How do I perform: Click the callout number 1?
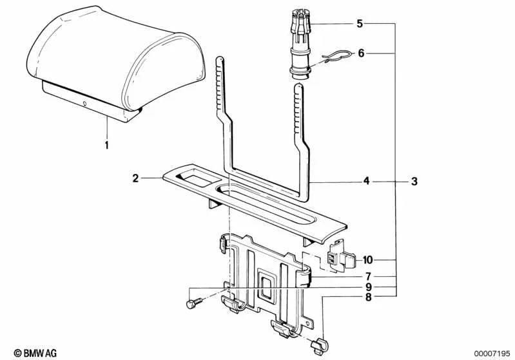pos(107,144)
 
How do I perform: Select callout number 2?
pos(136,178)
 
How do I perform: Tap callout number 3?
pos(414,182)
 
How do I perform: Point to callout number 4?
pos(366,182)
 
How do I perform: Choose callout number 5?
pos(360,24)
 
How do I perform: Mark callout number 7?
pos(367,276)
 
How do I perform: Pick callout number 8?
pos(367,297)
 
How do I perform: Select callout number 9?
pos(367,287)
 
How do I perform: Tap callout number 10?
pos(367,260)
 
